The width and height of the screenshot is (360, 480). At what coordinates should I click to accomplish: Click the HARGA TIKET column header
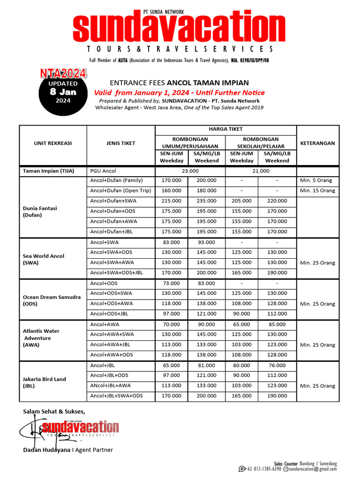(226, 129)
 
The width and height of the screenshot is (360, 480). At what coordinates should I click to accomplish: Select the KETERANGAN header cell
(317, 143)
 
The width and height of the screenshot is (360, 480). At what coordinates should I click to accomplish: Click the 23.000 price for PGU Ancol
(190, 171)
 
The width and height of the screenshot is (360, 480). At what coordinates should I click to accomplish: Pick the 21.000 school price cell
(261, 171)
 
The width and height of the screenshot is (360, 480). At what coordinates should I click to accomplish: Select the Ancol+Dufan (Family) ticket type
(116, 180)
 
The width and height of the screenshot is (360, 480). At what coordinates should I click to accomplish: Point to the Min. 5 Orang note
(317, 180)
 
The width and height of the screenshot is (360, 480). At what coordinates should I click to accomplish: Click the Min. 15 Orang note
(317, 191)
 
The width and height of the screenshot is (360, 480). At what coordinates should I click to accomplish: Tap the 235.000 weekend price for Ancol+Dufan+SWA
(206, 201)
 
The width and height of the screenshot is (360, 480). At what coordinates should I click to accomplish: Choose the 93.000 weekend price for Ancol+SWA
(206, 242)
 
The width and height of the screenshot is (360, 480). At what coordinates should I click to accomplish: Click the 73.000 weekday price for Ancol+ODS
(172, 284)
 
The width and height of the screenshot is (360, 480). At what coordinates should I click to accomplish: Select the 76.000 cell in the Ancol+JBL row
(277, 366)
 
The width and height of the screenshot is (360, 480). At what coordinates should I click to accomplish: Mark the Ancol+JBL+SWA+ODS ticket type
(116, 396)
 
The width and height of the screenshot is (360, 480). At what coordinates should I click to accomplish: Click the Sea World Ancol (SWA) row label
(44, 259)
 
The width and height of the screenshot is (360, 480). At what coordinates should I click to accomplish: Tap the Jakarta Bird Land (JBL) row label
(45, 382)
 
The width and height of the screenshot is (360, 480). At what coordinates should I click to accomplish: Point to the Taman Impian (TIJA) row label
(48, 171)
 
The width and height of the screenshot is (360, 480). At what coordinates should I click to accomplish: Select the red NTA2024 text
(63, 74)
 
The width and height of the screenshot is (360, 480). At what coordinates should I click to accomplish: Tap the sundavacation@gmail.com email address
(313, 469)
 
